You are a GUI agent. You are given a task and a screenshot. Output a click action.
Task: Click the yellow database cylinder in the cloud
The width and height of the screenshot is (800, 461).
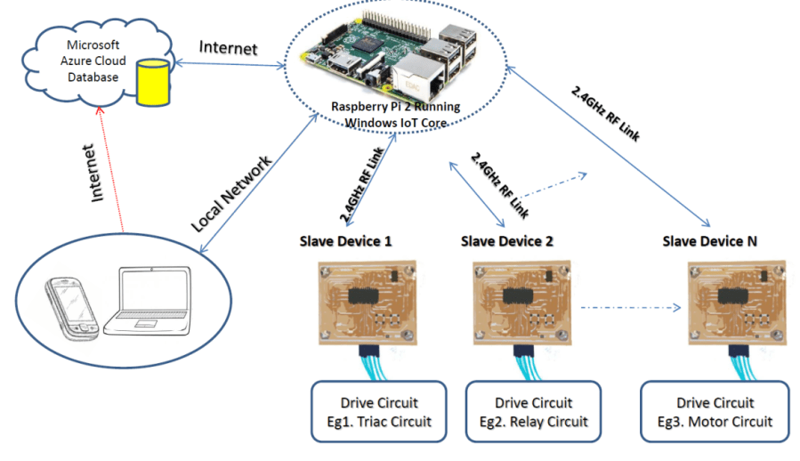[x=152, y=82]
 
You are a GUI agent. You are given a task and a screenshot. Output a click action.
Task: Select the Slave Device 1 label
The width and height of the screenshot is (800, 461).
[x=345, y=241]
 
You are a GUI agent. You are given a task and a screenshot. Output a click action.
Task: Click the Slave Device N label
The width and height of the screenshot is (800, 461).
[x=709, y=241]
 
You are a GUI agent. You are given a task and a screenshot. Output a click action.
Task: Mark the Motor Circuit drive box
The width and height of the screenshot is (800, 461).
[x=715, y=411]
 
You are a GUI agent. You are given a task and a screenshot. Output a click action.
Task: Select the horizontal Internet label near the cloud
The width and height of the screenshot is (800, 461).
[x=228, y=47]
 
